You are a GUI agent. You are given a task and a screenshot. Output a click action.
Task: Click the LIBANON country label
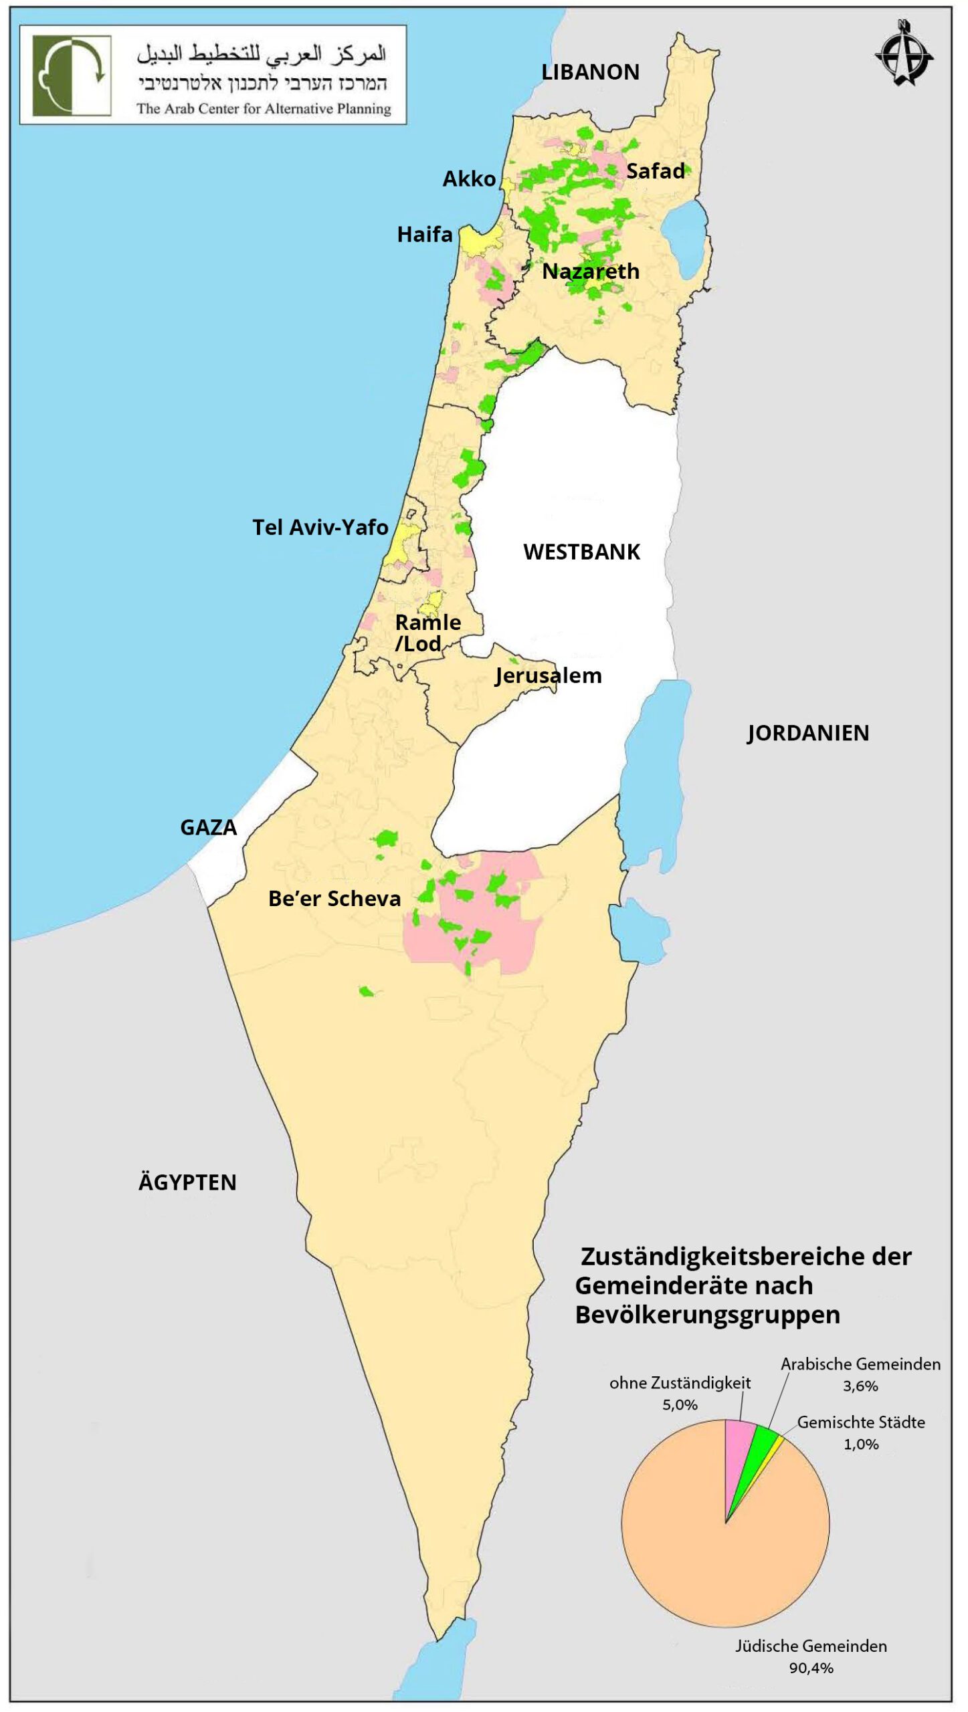[590, 72]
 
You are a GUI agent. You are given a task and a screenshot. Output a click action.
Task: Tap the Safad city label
[655, 171]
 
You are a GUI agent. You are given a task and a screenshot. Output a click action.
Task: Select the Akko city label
[469, 179]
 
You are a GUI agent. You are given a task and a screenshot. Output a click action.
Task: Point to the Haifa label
[425, 235]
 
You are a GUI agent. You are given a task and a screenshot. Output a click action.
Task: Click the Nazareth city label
[590, 272]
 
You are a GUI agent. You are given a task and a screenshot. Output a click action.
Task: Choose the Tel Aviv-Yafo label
[320, 528]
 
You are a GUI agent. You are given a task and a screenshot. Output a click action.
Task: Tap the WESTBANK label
[581, 552]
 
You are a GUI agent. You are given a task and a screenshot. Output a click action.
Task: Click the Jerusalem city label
[548, 675]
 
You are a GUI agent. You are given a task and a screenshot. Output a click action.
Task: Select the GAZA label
[208, 828]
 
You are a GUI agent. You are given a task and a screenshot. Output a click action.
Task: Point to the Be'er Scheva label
[334, 899]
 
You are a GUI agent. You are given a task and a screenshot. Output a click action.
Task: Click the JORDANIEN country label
[807, 734]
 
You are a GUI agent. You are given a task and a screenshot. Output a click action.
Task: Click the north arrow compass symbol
[904, 53]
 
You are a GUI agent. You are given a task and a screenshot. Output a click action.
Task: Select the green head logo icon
[72, 76]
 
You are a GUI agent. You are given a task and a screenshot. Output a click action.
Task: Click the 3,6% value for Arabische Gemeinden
[860, 1386]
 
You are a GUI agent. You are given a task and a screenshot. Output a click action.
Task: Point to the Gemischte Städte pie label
[861, 1422]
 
